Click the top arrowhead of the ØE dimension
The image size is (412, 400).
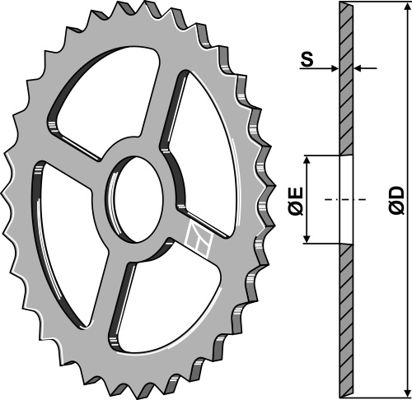[x=307, y=160]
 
